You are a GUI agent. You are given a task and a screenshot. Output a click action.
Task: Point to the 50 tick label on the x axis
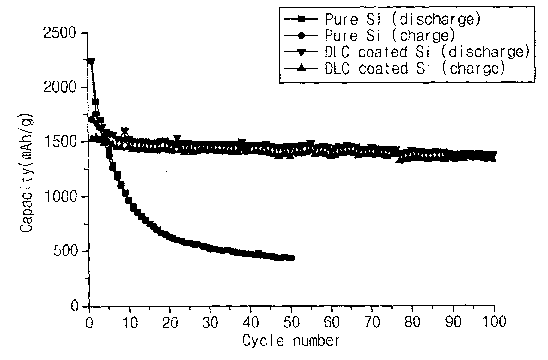[x=291, y=322]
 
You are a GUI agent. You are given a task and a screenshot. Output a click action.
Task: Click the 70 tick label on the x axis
[x=372, y=322]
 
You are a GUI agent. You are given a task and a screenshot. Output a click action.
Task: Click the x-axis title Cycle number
[x=291, y=341]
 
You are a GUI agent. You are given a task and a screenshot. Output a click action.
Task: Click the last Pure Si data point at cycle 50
[x=291, y=258]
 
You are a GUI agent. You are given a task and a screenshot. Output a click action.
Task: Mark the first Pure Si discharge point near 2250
[x=91, y=61]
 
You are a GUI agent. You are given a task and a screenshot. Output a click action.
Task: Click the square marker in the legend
[x=301, y=20]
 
